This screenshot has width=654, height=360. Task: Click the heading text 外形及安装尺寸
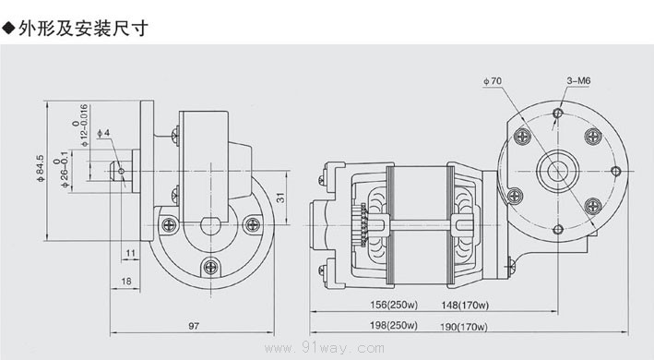(x=83, y=29)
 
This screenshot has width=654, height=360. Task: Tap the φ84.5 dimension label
(x=40, y=169)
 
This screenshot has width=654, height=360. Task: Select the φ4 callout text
(x=103, y=133)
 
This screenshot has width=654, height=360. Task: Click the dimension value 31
(x=280, y=198)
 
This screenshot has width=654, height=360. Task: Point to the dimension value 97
(x=194, y=326)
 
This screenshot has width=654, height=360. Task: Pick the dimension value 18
(x=126, y=282)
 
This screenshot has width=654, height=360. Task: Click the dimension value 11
(x=131, y=253)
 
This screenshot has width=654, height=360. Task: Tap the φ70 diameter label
(x=493, y=81)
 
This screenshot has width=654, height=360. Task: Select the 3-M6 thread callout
(x=578, y=80)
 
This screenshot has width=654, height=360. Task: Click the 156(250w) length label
(x=394, y=305)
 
